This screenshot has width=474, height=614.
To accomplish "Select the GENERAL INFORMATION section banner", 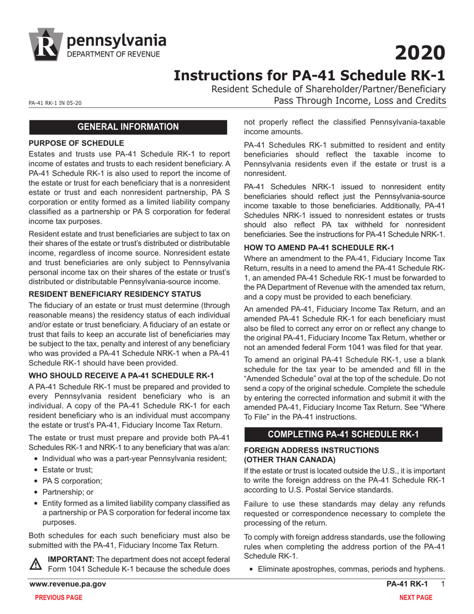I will point(129,127).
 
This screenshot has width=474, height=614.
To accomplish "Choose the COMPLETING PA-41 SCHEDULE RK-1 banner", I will point(343,434).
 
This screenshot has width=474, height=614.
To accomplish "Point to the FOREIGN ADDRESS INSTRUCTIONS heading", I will point(311,450).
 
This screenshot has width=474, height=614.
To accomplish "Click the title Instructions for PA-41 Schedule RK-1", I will point(309,75).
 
